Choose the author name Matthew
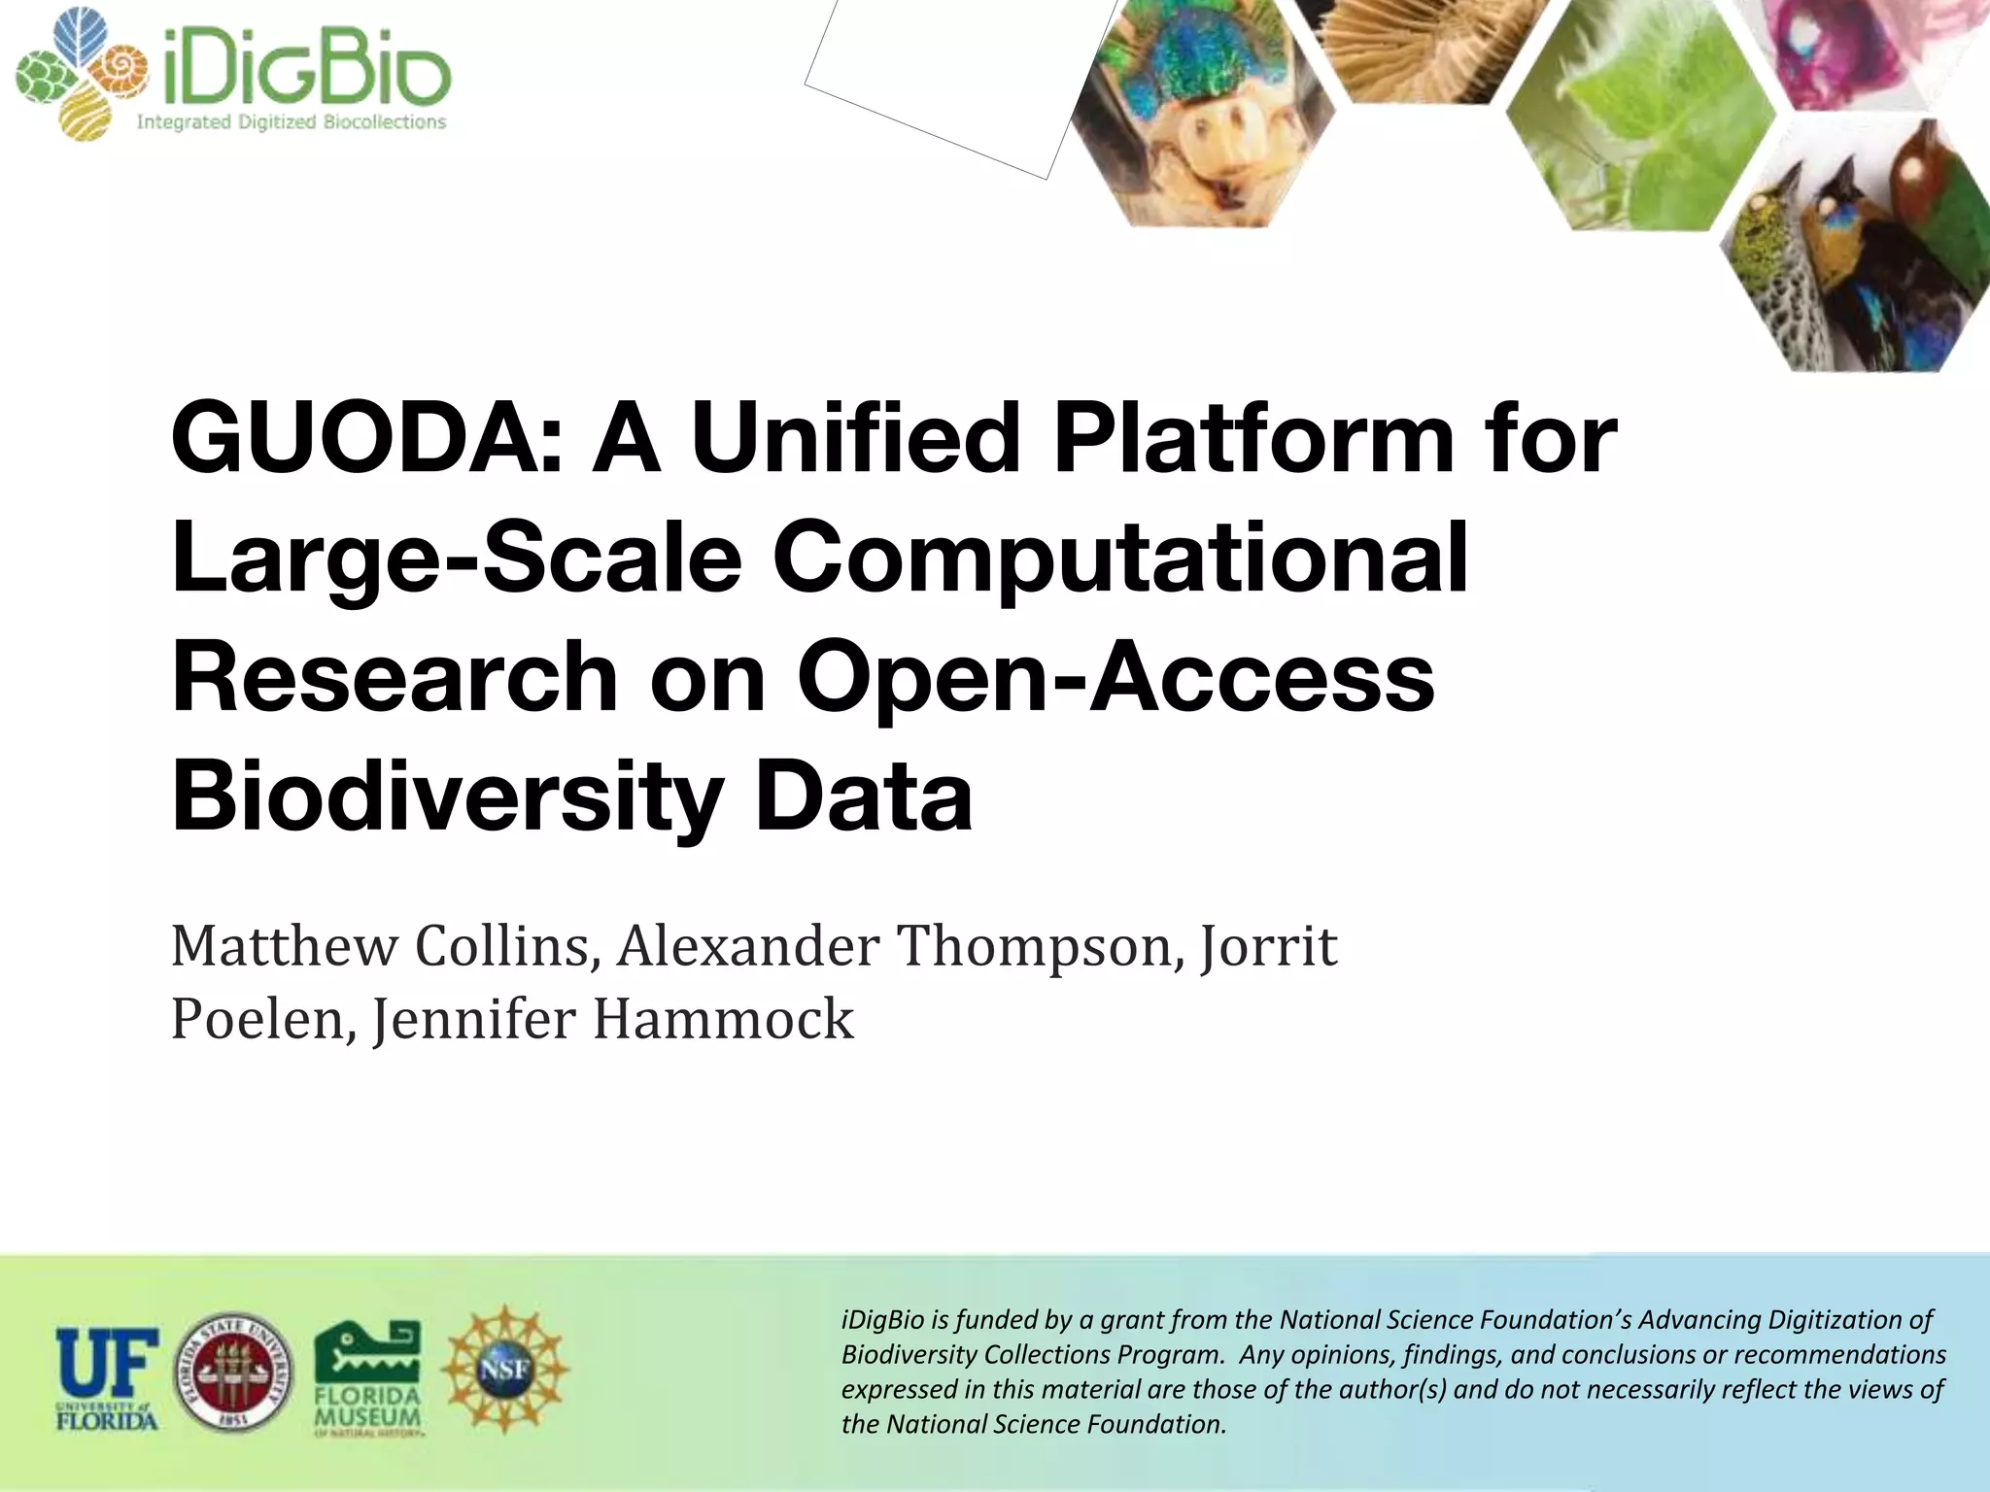click(x=283, y=946)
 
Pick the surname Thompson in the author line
click(x=1034, y=946)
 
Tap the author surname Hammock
click(x=723, y=1020)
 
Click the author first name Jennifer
click(x=475, y=1020)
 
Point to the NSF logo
click(x=505, y=1370)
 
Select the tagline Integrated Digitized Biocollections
click(x=291, y=122)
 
